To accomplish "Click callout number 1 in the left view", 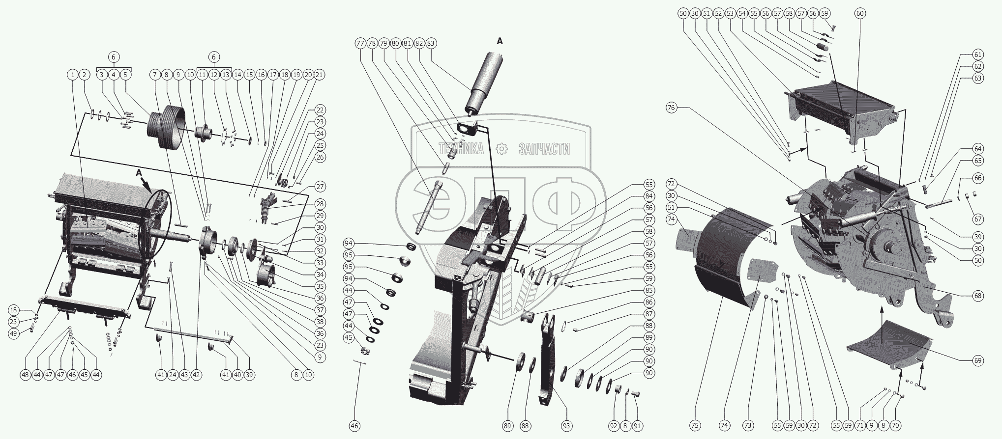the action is pyautogui.click(x=73, y=75).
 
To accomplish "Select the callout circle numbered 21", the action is pyautogui.click(x=320, y=75).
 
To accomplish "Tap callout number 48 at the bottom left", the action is pyautogui.click(x=25, y=375).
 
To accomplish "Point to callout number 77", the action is pyautogui.click(x=360, y=43).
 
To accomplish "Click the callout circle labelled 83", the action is pyautogui.click(x=431, y=43).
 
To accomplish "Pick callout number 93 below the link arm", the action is pyautogui.click(x=566, y=426).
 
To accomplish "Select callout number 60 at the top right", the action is pyautogui.click(x=859, y=14).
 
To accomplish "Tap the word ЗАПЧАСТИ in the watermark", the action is pyautogui.click(x=544, y=149).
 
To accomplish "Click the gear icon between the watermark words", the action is pyautogui.click(x=501, y=149).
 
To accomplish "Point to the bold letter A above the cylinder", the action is pyautogui.click(x=500, y=42).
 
